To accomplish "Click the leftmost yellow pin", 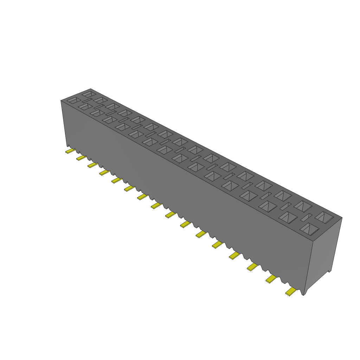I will pyautogui.click(x=70, y=151).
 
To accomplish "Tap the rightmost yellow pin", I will pyautogui.click(x=290, y=292).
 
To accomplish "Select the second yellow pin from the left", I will pyautogui.click(x=81, y=158).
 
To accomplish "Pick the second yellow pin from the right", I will pyautogui.click(x=271, y=279).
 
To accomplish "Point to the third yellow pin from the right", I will pyautogui.click(x=252, y=267).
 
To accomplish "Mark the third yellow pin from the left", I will pyautogui.click(x=92, y=165).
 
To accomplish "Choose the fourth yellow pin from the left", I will pyautogui.click(x=104, y=172).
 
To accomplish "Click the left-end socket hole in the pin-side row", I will pyautogui.click(x=73, y=100).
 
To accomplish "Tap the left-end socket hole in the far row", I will pyautogui.click(x=89, y=94).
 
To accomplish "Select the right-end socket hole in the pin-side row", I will pyautogui.click(x=309, y=229).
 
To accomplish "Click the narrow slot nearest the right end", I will pyautogui.click(x=307, y=217).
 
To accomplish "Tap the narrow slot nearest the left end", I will pyautogui.click(x=87, y=101).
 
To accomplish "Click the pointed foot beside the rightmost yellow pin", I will pyautogui.click(x=304, y=292).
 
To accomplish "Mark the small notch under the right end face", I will pyautogui.click(x=330, y=270).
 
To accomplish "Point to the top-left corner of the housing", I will pyautogui.click(x=61, y=101).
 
